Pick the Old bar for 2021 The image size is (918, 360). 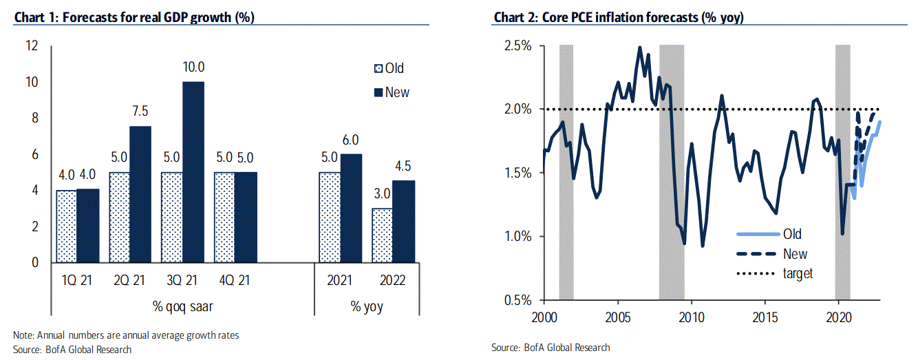329,218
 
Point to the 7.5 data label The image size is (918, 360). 140,112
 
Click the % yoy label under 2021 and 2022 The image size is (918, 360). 367,307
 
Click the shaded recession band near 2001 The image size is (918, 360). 566,172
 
